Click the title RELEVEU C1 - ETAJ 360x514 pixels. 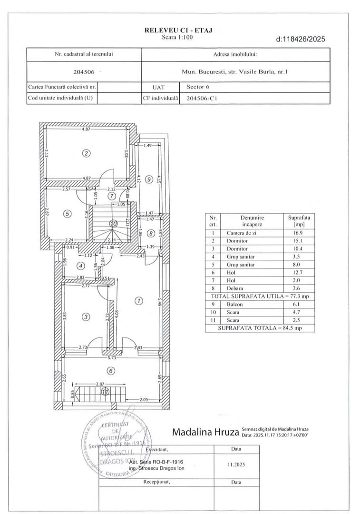click(178, 30)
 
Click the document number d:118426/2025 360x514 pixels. click(301, 40)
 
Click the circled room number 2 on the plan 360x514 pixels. click(86, 153)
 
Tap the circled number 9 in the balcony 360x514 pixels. click(149, 179)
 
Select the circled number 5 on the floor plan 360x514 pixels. click(68, 214)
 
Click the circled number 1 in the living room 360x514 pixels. click(138, 301)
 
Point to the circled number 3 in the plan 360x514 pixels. click(86, 316)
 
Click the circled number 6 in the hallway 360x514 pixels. click(110, 371)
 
